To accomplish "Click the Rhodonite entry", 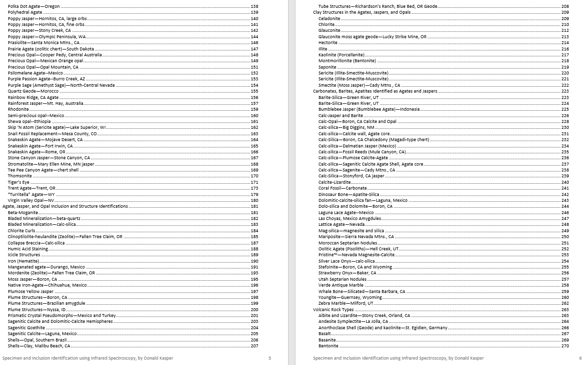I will (x=18, y=109).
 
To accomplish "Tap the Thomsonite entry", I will (x=20, y=176).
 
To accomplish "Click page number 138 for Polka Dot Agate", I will (x=254, y=6).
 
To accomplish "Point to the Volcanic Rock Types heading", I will (x=333, y=310).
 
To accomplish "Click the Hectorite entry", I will (x=328, y=43).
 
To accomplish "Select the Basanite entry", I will (x=327, y=340).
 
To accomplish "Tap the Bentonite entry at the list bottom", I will (x=328, y=346).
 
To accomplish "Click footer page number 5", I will (x=269, y=358).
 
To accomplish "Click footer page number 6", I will (x=580, y=358).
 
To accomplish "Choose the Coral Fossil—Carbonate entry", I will (x=342, y=188).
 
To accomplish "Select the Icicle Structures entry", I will (x=24, y=255).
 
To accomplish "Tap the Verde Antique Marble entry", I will (x=341, y=285).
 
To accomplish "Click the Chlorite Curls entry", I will (x=22, y=231).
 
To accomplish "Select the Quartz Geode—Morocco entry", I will (x=33, y=91).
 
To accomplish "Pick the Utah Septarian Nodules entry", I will (x=343, y=279).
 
